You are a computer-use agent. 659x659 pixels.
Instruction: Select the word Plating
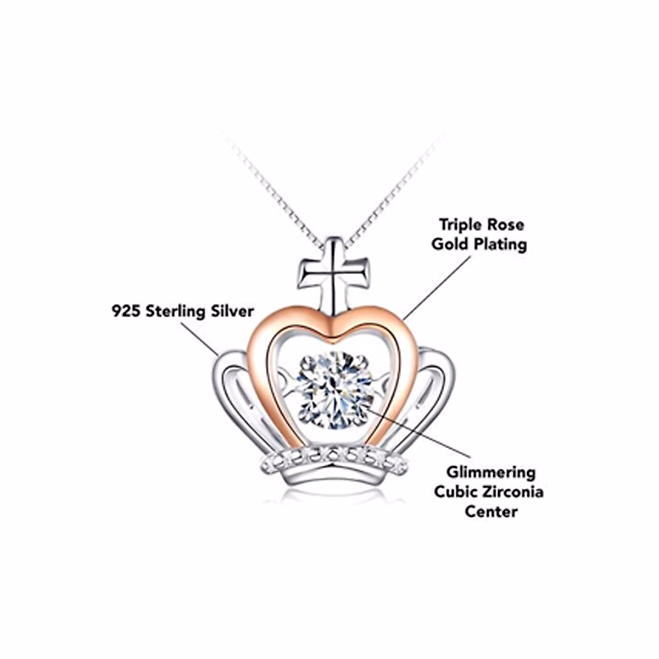click(498, 244)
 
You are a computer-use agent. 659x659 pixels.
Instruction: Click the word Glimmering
click(490, 472)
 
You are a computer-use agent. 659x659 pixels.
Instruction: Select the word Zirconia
click(513, 492)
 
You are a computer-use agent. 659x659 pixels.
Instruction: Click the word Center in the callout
click(492, 511)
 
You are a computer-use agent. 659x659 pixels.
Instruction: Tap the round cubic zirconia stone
click(336, 390)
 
